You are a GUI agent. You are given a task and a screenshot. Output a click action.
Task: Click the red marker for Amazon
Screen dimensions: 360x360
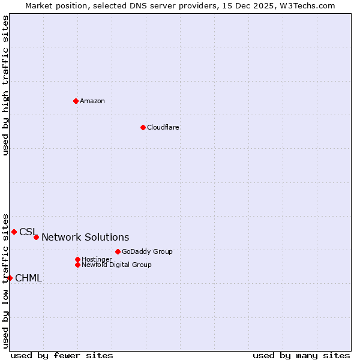pos(76,101)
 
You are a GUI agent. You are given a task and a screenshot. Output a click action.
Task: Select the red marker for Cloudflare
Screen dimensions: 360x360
pos(143,127)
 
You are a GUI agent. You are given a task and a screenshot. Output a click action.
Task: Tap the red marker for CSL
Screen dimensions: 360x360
pos(14,232)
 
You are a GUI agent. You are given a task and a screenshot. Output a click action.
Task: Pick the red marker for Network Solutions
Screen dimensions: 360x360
pos(36,237)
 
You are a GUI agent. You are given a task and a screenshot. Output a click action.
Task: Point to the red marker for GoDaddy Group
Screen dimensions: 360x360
pos(118,251)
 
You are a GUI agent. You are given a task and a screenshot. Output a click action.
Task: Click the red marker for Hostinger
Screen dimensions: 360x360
pos(77,259)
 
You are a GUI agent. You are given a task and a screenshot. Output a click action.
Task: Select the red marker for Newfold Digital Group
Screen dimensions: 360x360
pos(77,265)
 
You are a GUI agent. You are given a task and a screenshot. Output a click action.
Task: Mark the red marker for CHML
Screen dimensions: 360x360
pos(10,278)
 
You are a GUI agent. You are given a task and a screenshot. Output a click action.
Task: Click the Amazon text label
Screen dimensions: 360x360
pos(92,101)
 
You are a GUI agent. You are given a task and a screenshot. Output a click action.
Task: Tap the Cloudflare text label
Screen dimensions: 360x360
pos(163,127)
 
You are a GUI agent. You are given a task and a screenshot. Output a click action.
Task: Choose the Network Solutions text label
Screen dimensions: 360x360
pos(85,238)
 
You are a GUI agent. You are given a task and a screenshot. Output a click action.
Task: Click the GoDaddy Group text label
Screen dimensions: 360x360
pos(147,251)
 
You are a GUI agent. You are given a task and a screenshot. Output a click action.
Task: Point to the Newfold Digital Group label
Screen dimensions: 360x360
pos(117,265)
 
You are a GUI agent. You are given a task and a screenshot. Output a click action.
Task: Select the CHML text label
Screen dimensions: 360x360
pos(29,278)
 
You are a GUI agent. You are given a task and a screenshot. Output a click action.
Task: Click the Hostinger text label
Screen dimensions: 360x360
pos(97,259)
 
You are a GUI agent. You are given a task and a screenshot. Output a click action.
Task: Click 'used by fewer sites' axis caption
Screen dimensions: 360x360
pos(62,355)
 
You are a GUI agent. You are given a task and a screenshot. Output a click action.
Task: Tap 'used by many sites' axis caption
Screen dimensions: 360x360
pos(301,355)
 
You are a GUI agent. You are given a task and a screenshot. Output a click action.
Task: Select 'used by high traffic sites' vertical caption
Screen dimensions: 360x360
pos(5,85)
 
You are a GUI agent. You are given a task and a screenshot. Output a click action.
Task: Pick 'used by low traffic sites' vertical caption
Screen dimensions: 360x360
pos(5,280)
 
